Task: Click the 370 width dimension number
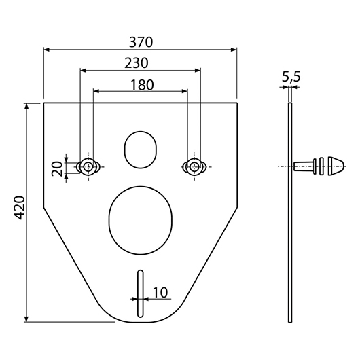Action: (141, 42)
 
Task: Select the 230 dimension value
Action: (137, 63)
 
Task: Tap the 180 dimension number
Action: (142, 85)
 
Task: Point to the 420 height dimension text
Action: (20, 208)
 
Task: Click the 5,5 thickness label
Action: (291, 77)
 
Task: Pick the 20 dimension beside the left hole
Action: (57, 168)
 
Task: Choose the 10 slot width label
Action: (160, 293)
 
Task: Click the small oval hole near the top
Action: (141, 149)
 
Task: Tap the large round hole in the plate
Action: (141, 220)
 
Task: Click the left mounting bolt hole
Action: (88, 166)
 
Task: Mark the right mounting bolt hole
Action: (194, 166)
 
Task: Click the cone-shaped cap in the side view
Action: (336, 166)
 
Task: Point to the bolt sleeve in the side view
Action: (305, 166)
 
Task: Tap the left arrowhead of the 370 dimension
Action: (47, 50)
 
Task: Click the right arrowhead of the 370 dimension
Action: (234, 50)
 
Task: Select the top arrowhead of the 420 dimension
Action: (26, 107)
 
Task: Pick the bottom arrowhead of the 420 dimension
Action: (26, 319)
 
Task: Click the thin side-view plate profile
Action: (290, 213)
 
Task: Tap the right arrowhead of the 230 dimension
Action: (198, 70)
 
